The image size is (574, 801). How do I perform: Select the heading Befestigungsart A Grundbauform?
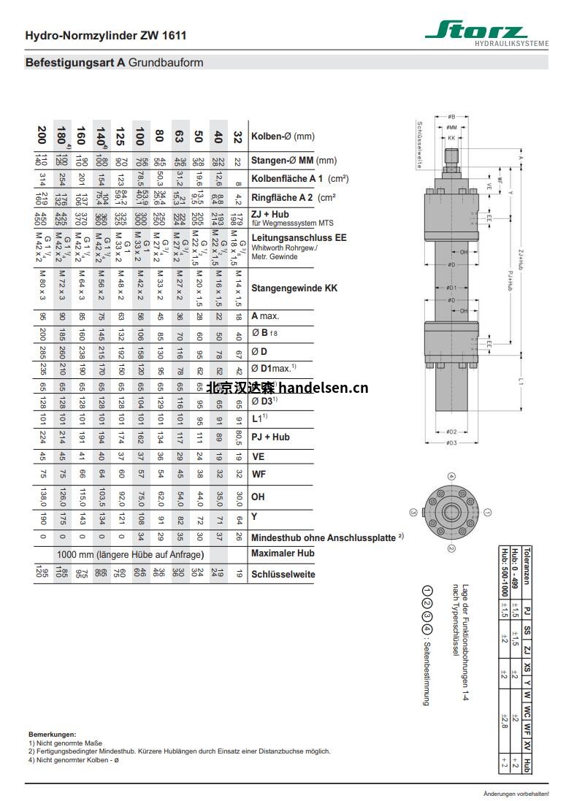[115, 63]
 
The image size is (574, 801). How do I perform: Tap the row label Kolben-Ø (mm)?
[283, 136]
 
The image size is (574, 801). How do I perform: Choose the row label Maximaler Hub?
[283, 553]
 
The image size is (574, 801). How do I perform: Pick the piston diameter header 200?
[42, 136]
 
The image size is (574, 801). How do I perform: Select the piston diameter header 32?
[237, 136]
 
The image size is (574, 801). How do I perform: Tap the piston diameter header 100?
[139, 136]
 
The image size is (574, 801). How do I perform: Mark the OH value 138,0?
[42, 497]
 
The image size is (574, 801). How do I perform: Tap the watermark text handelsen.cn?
[324, 388]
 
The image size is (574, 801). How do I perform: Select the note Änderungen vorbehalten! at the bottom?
[516, 793]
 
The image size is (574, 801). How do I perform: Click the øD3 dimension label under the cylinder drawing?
[452, 442]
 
